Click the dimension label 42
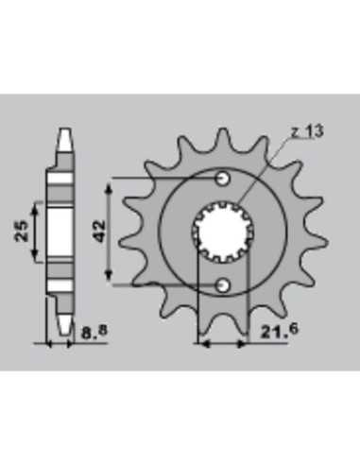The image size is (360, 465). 100,232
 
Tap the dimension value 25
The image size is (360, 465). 22,232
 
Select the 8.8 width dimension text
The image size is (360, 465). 94,332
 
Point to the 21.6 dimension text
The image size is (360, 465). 279,332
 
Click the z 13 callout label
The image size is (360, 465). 307,131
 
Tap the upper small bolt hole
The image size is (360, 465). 223,179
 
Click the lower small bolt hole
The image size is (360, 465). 223,285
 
